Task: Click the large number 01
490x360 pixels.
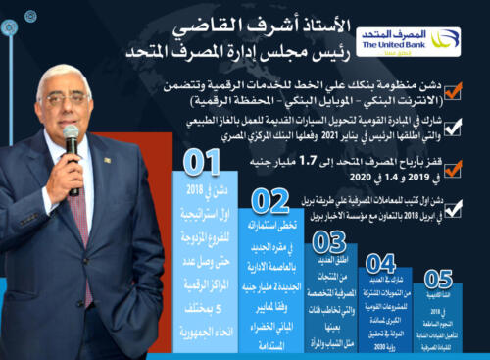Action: (201, 162)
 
